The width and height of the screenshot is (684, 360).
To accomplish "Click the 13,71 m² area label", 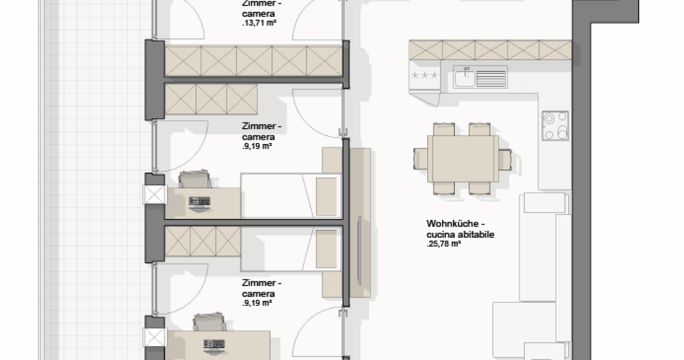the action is tap(259, 23).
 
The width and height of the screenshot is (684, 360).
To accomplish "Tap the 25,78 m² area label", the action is tap(444, 244).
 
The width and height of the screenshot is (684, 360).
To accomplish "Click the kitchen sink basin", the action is tap(465, 78).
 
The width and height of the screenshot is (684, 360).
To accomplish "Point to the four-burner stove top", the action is tap(555, 126).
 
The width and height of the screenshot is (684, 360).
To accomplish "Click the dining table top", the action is tap(463, 159).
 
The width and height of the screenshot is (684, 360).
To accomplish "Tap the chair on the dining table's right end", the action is tap(505, 160).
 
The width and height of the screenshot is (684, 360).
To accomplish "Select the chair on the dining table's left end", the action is tap(421, 159).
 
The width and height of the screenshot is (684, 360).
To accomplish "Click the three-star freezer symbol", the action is tap(425, 75).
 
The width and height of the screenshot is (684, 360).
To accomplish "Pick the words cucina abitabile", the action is tap(460, 234).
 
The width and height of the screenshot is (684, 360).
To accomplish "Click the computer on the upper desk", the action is tap(200, 204).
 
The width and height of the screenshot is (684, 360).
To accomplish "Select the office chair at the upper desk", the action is tap(195, 179).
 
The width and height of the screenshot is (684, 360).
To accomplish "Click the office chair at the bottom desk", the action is tap(209, 322).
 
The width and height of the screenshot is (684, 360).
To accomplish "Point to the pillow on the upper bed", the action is tap(326, 197).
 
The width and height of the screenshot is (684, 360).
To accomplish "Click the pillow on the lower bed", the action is tap(326, 249).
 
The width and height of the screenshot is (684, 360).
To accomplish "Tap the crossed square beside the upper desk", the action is tap(155, 195).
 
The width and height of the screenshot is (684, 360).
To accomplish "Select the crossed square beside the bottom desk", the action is tap(155, 337).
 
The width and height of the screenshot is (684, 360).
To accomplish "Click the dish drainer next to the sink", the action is tap(491, 79).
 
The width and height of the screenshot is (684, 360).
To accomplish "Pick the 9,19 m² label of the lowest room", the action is tap(257, 303).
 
